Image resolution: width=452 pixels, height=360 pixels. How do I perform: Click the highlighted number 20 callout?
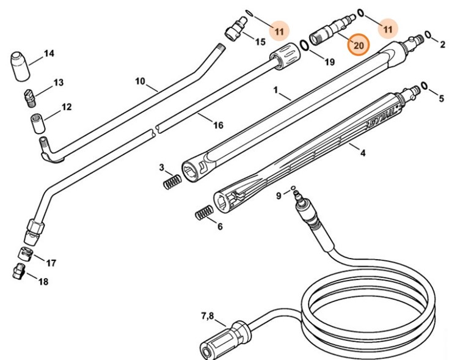pos(358,45)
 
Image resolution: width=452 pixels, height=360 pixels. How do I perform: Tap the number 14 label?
pos(49,54)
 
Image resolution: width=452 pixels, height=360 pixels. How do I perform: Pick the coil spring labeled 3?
pos(172,182)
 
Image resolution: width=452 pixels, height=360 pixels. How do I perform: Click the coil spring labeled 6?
pos(203,215)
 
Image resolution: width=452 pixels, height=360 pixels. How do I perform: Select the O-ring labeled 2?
pos(428,35)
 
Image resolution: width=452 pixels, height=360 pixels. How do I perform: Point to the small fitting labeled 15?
pos(233,31)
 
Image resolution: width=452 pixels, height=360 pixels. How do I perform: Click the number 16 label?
pos(217,125)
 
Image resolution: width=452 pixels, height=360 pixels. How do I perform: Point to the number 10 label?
pos(140,81)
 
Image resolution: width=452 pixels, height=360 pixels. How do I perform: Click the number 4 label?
pos(362,153)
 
